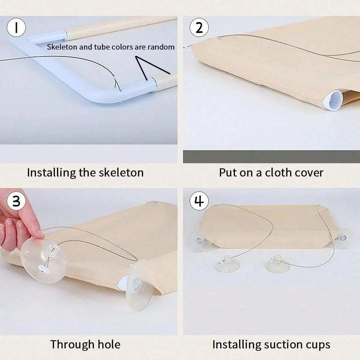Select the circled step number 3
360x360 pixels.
point(16,201)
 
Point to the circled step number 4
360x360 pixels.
point(199,201)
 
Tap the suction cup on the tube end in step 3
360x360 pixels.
point(140,285)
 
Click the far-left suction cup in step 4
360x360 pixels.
point(199,242)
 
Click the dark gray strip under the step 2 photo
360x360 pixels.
point(271,157)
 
